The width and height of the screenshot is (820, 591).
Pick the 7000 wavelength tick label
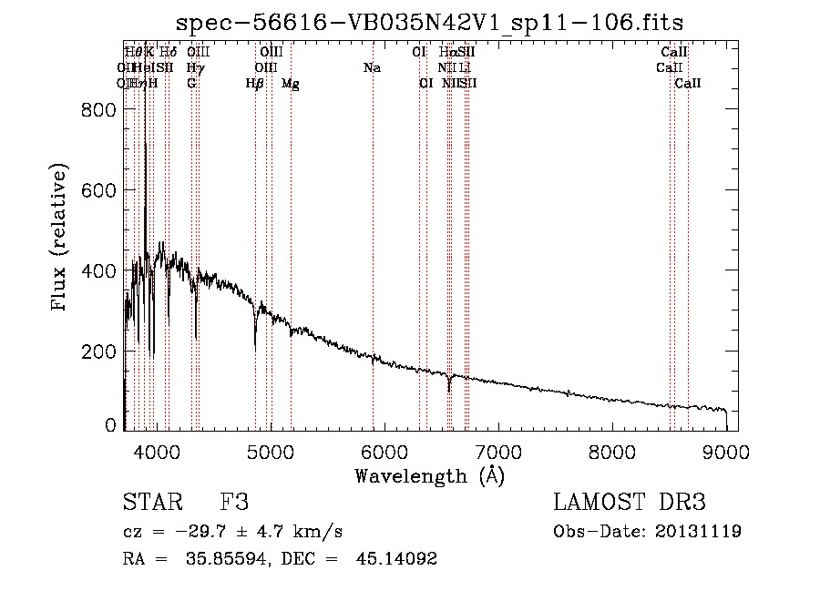coord(498,450)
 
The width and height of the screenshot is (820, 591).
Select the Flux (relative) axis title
coord(60,239)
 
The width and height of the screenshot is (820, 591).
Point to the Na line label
coord(372,68)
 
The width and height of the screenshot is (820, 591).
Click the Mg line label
coord(291,84)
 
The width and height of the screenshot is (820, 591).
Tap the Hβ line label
coord(255,84)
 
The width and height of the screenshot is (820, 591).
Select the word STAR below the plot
coord(151,503)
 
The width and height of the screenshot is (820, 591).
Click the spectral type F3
coord(234,503)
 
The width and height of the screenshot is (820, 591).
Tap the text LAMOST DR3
coord(630,503)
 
